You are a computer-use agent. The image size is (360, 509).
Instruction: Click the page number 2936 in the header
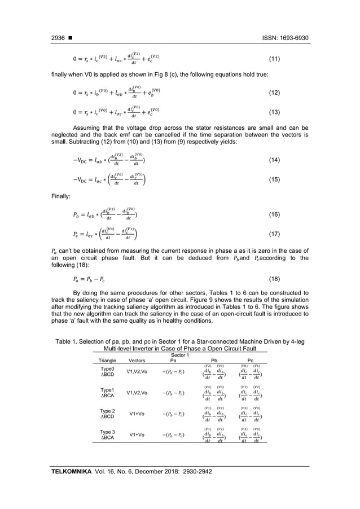58,38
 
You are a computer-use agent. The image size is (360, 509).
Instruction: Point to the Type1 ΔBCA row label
107,393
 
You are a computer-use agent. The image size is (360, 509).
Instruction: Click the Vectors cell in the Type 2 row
137,414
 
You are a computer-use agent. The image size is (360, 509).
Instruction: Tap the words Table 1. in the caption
67,341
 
